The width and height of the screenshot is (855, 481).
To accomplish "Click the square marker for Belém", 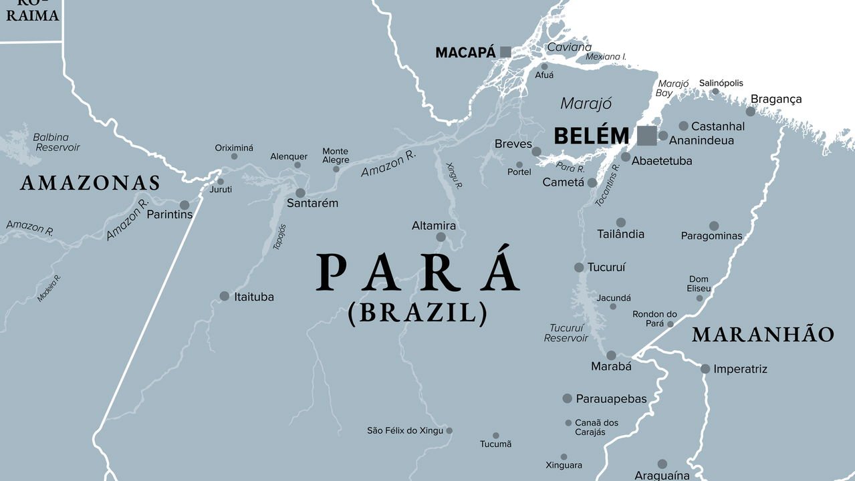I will pos(646,136).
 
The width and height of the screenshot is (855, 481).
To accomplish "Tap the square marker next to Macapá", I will pos(505,51).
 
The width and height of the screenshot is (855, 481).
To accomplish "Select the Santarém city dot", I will pos(301,192).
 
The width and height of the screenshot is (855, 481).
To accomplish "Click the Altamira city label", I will pos(434,226).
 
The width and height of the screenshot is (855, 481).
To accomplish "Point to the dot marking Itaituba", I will pos(225,296).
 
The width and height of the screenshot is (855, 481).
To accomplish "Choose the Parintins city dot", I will pos(185,205).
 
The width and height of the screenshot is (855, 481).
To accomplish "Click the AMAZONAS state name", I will pos(90,183).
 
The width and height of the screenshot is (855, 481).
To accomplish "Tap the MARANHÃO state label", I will pos(763,335).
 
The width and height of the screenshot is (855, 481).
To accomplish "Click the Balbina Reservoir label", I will pos(56,142).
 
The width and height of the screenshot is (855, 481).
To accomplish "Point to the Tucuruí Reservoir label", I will pos(566,333).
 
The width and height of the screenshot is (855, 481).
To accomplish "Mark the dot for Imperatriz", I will pos(705,369).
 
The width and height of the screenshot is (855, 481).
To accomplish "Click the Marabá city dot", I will pos(611,355).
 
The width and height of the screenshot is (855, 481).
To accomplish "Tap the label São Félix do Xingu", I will pos(405,430).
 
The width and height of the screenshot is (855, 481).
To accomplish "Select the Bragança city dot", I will pos(751,112).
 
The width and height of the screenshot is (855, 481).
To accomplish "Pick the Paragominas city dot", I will pos(714,226).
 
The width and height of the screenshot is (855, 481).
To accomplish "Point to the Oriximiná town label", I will pos(234,148).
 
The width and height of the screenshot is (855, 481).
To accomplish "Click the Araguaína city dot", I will pos(662,464).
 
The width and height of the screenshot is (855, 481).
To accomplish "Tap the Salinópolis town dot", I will pos(715,92).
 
